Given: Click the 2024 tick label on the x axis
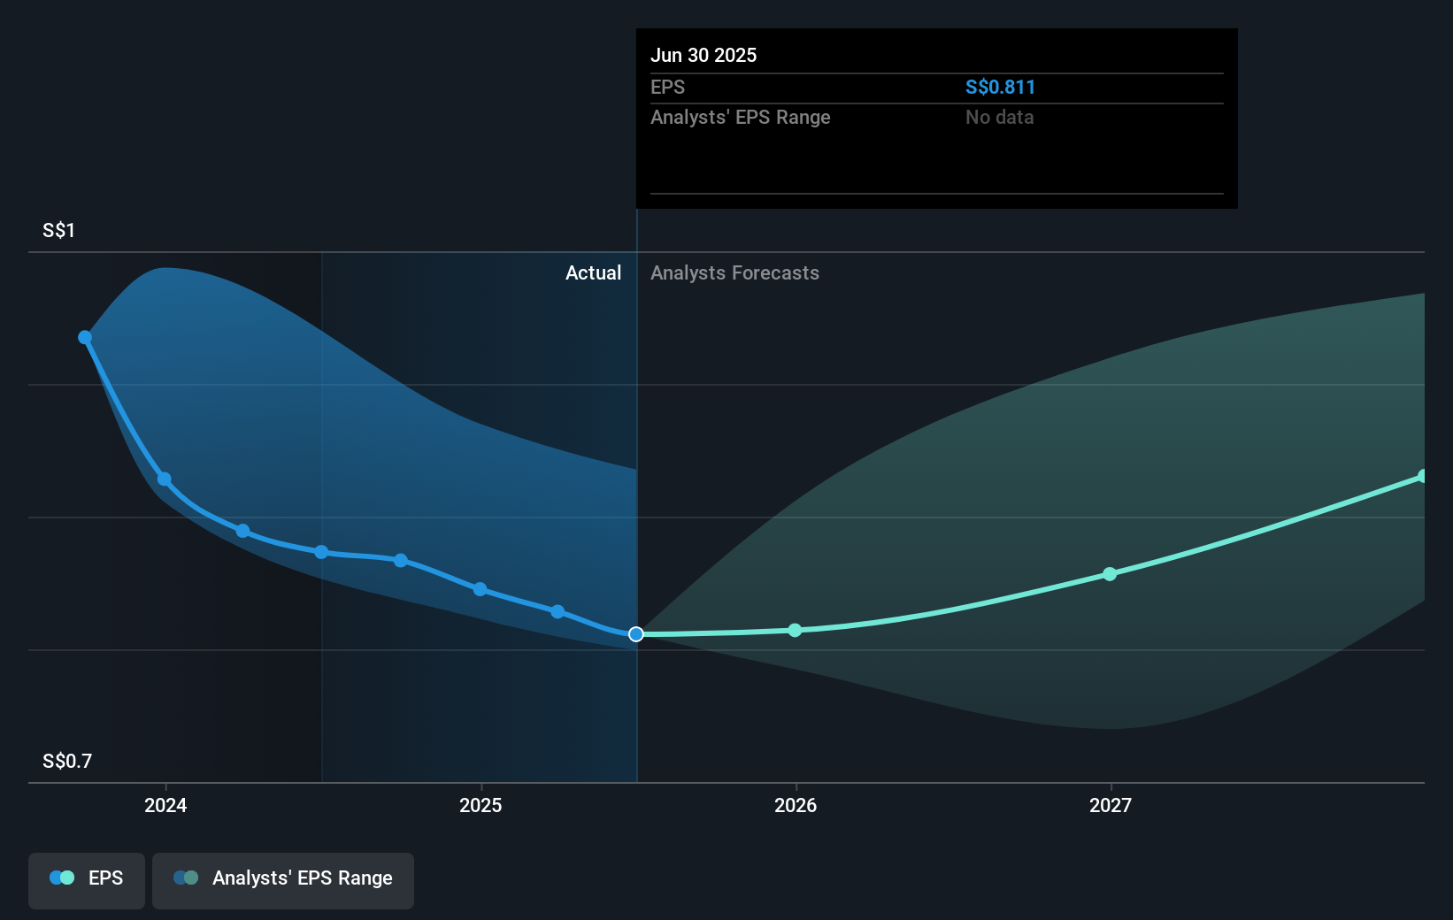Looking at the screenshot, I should pos(165,805).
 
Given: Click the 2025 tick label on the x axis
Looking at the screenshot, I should pos(480,805).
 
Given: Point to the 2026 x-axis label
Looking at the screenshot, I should pos(796,805).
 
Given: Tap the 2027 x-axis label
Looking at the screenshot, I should pos(1111,805).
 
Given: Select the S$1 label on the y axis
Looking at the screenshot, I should pos(59,231).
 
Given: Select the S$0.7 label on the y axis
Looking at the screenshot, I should pos(67,761).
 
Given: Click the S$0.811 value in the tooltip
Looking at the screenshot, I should pos(1000,87).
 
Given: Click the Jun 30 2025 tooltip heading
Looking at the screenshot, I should pos(703,55).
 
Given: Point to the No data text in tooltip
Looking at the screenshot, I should pos(999,117).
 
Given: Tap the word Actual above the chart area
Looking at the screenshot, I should pos(593,272).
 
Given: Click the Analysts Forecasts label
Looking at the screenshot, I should pos(734,272).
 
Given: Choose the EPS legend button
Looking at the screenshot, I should pos(87,879).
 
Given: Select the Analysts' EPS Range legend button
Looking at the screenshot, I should pos(283,879).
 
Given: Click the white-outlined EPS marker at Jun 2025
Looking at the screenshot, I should pos(636,634).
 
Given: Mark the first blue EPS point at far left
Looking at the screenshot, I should pos(85,337).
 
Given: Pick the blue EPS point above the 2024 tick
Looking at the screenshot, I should pos(165,479).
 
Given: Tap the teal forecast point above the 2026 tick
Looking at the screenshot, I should pos(795,630).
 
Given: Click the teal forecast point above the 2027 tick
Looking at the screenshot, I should pos(1110,574).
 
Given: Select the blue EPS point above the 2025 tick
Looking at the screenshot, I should pos(480,589).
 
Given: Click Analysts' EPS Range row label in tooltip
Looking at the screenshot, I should pos(740,117).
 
